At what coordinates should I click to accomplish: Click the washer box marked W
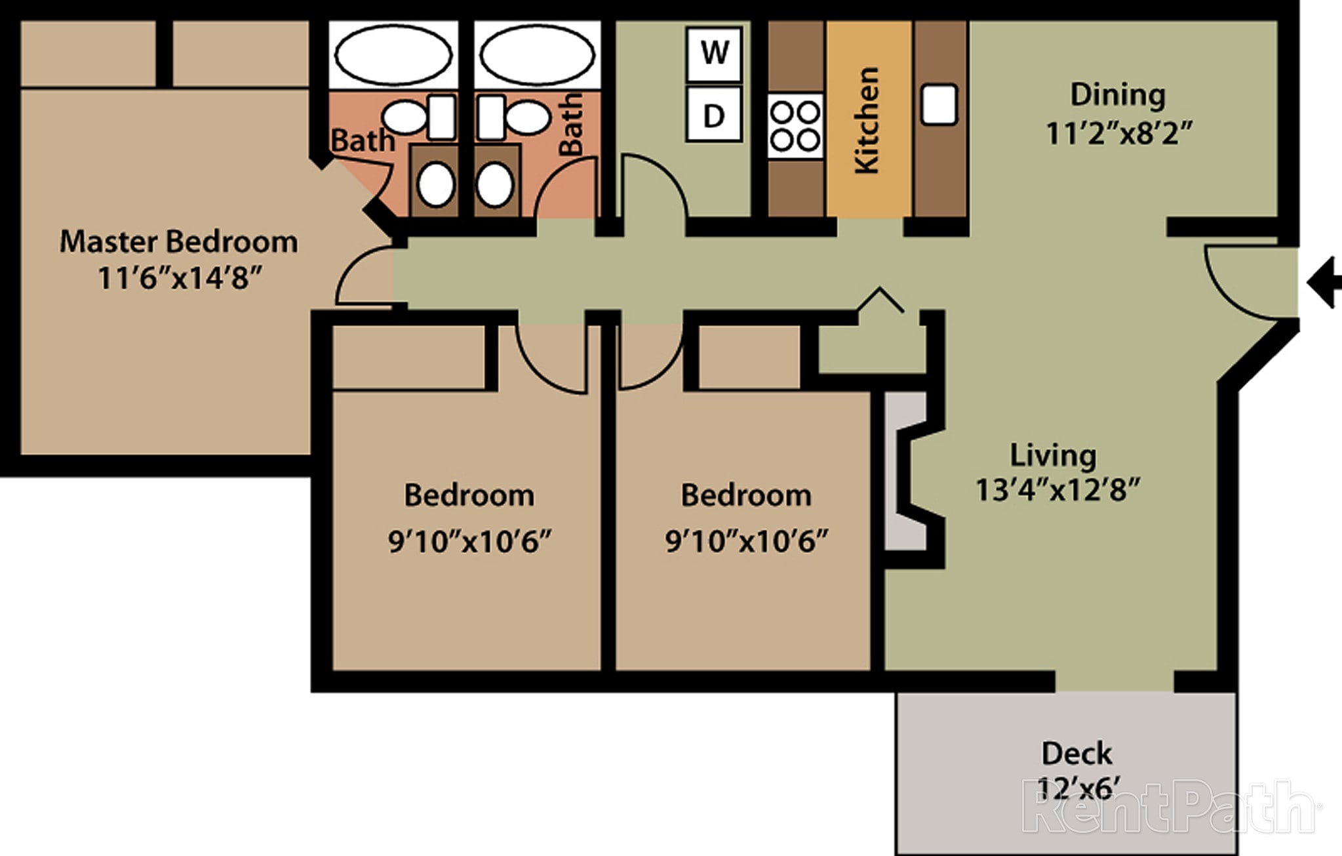714,52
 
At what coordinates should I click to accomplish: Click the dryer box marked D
714,115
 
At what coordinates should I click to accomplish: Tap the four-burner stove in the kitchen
795,125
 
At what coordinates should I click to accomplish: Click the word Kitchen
867,121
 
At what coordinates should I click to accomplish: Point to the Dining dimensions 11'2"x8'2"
1118,134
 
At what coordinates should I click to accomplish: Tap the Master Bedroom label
178,242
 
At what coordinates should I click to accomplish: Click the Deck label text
1076,754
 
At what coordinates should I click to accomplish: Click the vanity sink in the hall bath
494,185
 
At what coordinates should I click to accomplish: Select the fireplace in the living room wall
908,471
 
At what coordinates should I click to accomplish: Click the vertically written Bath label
571,125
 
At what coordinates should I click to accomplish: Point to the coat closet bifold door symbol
880,300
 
